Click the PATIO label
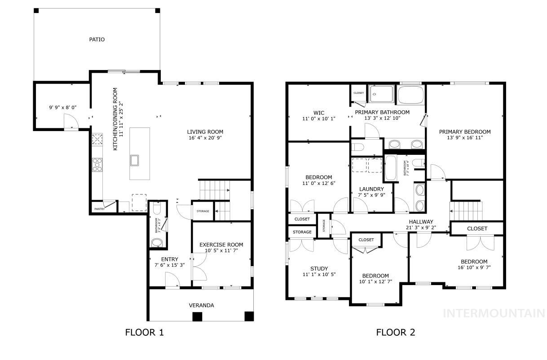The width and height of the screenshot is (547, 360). [97, 40]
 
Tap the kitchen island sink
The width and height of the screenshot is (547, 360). [135, 160]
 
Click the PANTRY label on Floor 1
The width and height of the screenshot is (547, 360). [99, 209]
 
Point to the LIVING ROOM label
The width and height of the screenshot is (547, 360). [205, 132]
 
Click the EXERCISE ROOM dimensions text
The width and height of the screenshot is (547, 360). [221, 250]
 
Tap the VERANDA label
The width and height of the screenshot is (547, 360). [201, 305]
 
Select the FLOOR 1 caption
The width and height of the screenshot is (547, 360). [144, 333]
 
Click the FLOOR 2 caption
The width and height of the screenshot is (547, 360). [395, 333]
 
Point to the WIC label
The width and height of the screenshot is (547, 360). [319, 113]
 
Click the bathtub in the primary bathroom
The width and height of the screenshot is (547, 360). [411, 94]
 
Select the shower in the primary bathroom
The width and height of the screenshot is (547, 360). [381, 94]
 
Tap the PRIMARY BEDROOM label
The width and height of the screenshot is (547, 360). [465, 132]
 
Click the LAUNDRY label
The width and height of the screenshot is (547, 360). [371, 189]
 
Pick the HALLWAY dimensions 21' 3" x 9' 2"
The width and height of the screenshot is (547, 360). [421, 228]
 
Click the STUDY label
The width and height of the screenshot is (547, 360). [319, 268]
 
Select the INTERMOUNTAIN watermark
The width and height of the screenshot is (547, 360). [494, 313]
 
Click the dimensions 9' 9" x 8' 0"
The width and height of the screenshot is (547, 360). [62, 107]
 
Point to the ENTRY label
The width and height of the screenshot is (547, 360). [169, 259]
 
